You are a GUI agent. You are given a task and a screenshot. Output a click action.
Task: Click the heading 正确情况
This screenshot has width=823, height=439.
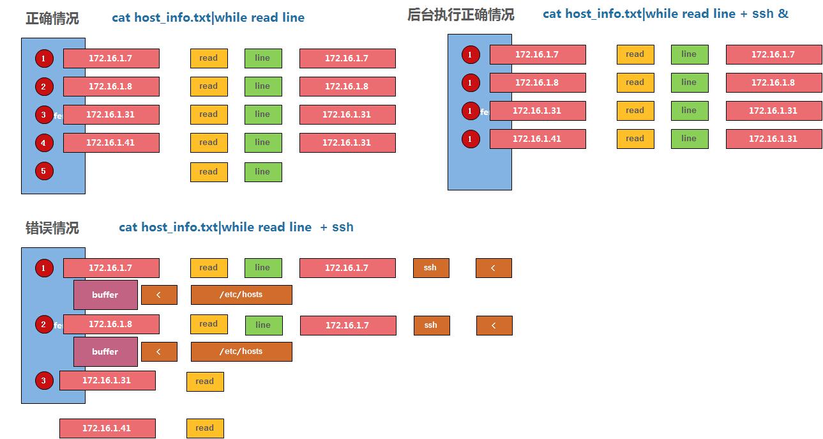click(x=52, y=19)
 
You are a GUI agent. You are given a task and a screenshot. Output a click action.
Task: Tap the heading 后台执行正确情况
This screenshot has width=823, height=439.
click(x=460, y=15)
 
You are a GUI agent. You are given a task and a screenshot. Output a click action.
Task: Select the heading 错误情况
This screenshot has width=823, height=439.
click(x=52, y=228)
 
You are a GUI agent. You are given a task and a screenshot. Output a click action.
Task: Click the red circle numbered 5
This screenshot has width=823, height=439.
click(x=44, y=171)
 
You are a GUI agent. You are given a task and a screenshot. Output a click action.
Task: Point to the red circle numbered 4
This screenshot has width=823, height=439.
click(x=44, y=143)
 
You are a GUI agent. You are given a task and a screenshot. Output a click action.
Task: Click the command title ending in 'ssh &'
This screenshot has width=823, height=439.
click(x=665, y=13)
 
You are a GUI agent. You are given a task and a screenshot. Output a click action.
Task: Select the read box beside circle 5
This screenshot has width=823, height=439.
click(x=209, y=172)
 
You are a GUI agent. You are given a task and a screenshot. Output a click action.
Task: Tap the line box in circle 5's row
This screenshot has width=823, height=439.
click(x=263, y=172)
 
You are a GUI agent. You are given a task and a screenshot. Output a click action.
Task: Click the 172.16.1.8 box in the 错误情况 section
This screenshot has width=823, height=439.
click(x=111, y=324)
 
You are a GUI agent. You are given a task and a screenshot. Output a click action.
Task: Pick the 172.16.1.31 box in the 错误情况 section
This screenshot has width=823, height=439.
click(x=107, y=380)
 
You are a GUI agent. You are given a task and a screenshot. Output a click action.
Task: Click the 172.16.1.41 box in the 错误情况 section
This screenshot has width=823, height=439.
click(x=107, y=428)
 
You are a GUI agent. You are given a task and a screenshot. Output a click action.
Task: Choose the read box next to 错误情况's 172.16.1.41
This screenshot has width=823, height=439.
click(x=205, y=428)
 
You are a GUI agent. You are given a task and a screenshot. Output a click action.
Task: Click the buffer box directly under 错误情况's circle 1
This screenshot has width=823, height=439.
click(x=105, y=295)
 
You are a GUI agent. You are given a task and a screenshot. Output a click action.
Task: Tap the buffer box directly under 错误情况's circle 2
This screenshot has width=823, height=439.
click(x=105, y=351)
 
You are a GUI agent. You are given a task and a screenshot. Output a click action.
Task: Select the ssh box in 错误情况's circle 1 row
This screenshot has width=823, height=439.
click(x=431, y=268)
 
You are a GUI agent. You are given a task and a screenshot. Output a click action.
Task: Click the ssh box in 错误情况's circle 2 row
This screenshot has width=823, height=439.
click(x=432, y=325)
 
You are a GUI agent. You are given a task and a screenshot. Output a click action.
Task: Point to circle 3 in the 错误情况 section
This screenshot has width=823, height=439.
click(x=44, y=381)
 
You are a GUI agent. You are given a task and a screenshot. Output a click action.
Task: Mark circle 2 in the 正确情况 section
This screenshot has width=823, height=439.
click(x=44, y=87)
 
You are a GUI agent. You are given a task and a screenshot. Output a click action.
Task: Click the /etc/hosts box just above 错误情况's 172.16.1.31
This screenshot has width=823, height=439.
click(x=241, y=351)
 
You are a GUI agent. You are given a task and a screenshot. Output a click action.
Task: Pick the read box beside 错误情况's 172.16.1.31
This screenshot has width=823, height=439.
click(x=205, y=381)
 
